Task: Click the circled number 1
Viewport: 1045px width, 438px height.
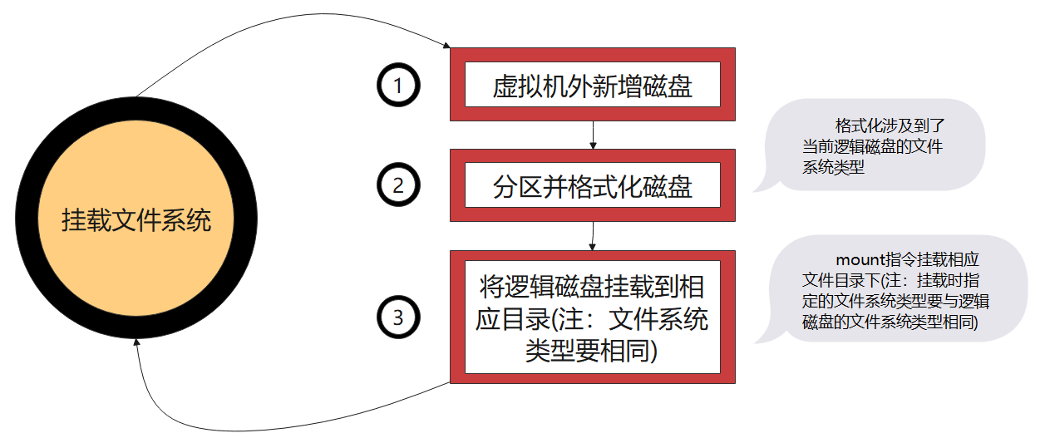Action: click(x=398, y=86)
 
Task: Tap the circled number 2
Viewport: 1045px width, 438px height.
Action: click(x=398, y=186)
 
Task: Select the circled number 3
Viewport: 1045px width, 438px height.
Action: click(x=398, y=317)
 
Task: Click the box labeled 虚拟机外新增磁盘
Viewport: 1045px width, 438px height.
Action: click(x=592, y=86)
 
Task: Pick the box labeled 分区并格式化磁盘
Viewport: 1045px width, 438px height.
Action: click(x=592, y=186)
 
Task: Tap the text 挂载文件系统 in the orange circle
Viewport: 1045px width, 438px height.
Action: click(x=136, y=221)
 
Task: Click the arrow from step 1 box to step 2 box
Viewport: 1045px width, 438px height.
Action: click(x=592, y=135)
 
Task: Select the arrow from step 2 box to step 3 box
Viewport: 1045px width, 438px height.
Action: click(x=592, y=235)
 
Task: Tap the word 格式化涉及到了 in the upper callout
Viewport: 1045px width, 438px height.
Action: click(x=890, y=126)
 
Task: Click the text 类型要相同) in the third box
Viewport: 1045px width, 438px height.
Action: click(x=592, y=351)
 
